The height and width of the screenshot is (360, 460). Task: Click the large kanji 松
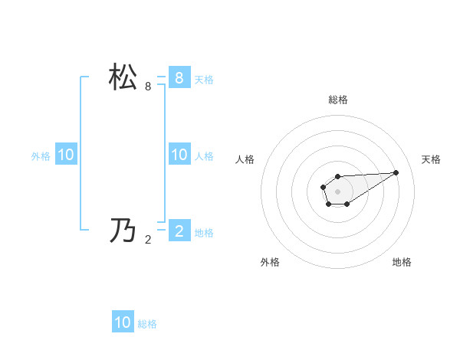point(123,78)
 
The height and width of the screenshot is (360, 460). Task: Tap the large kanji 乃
point(123,231)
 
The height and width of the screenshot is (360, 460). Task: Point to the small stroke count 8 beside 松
point(148,87)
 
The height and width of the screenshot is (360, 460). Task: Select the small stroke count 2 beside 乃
point(148,239)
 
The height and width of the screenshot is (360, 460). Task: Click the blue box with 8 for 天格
point(179,77)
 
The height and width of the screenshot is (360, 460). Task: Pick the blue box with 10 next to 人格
point(179,155)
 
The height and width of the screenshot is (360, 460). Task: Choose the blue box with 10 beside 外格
point(65,155)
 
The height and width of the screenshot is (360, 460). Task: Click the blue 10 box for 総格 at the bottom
point(123,322)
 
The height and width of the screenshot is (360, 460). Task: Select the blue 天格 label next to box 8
point(204,79)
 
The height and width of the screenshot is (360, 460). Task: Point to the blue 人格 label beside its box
point(204,156)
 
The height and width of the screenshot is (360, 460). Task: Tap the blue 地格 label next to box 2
point(204,232)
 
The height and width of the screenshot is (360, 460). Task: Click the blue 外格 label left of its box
point(41,156)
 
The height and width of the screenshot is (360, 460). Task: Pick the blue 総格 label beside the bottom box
point(147,324)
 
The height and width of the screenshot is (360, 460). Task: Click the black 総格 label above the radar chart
point(337,100)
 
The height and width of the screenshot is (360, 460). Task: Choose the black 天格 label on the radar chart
point(431,159)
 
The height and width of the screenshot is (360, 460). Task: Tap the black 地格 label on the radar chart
point(402,262)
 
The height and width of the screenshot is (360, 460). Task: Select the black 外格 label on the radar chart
point(270,262)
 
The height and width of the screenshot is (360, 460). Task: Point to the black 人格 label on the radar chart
point(245,159)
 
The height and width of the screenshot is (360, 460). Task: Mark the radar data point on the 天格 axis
point(396,172)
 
